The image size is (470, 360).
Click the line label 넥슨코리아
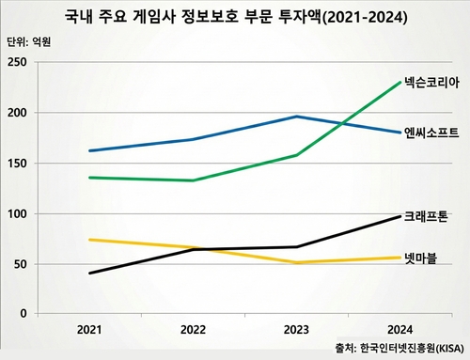[x=432, y=83]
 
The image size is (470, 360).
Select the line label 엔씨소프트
[x=432, y=133]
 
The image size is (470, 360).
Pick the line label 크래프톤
[x=430, y=216]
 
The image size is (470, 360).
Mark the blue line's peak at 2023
[x=296, y=117]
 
